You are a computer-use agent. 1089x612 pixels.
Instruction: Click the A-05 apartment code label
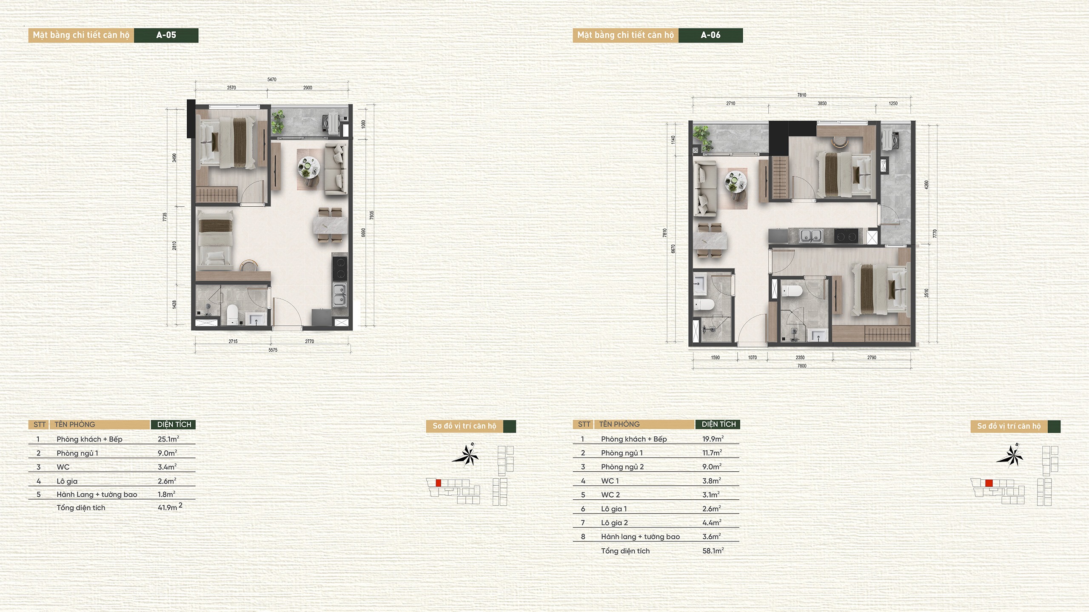tap(166, 35)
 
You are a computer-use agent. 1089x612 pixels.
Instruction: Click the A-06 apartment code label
tap(710, 35)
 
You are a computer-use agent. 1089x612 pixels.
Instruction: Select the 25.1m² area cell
tap(168, 439)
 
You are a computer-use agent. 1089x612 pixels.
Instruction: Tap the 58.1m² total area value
tap(713, 551)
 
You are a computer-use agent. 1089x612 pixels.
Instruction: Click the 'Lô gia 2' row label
tap(614, 523)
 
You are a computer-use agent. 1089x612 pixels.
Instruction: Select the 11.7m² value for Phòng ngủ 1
tap(712, 453)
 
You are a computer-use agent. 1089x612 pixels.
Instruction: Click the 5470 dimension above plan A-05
tap(272, 80)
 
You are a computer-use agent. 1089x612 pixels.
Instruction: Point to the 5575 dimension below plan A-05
tap(273, 350)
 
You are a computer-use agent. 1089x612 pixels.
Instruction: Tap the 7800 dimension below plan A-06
tap(802, 366)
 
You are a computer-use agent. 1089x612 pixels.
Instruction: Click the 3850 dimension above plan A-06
tap(822, 103)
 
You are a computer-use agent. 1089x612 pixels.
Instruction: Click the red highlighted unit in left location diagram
tap(439, 483)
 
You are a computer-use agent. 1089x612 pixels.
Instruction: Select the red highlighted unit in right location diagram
tap(989, 483)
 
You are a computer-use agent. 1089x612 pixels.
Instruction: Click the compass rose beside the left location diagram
tap(466, 455)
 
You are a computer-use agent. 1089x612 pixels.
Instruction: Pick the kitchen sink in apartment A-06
tap(810, 236)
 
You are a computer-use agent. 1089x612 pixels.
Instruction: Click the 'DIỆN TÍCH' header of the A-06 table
tap(718, 424)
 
